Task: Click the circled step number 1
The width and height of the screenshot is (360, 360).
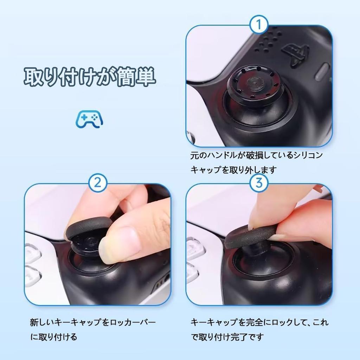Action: click(x=259, y=25)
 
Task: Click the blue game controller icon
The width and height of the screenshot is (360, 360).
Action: click(x=89, y=120)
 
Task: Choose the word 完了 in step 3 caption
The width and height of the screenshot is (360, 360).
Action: click(x=234, y=337)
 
